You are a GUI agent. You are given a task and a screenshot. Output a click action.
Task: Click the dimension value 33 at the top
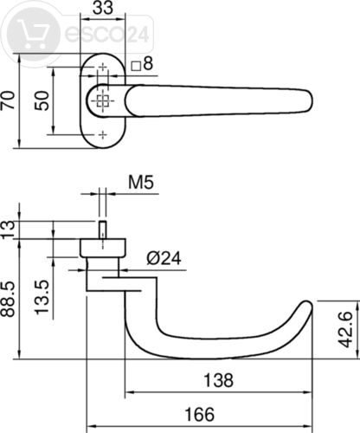(103, 8)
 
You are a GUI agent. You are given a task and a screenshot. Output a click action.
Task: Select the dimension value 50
(42, 100)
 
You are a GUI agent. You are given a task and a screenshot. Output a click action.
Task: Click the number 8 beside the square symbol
(148, 63)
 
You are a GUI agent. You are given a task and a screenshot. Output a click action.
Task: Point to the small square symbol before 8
(136, 67)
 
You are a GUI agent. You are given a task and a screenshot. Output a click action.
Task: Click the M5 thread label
(141, 182)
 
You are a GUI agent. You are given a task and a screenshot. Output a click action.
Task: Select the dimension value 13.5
(42, 297)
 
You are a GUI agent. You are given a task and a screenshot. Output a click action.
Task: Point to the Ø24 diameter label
(164, 258)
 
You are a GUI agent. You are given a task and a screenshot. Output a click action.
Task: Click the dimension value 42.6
(345, 329)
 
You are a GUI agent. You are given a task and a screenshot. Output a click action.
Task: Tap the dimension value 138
(218, 380)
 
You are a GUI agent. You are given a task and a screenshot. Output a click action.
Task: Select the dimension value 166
(200, 414)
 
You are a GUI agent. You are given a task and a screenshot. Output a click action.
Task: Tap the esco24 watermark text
(106, 34)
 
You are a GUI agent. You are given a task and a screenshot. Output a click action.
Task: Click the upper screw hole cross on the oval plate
(103, 68)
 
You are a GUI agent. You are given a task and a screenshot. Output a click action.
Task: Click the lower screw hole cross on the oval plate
(103, 134)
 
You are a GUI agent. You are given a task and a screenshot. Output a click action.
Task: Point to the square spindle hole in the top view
(102, 100)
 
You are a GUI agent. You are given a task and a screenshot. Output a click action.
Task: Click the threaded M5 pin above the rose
(102, 229)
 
